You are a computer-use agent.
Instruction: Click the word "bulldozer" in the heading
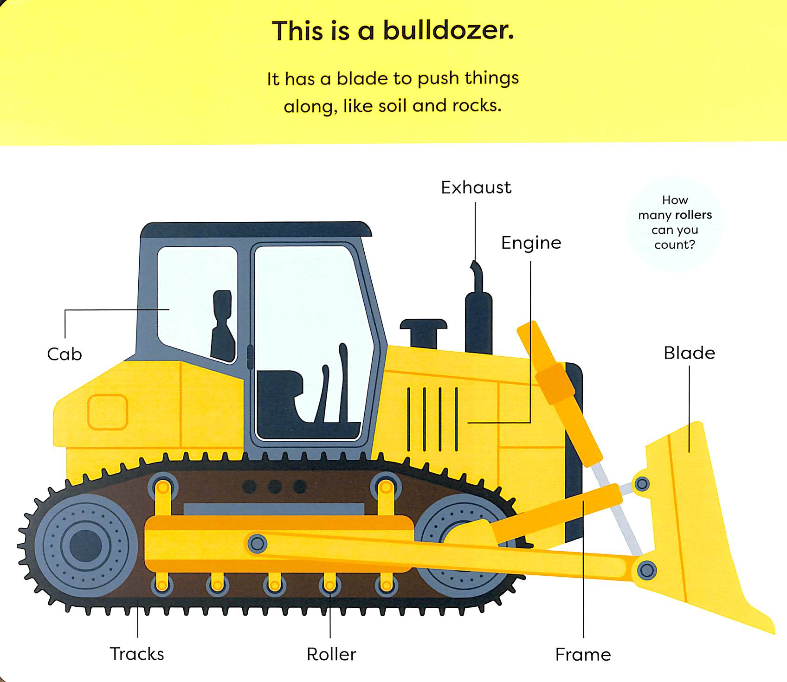pos(448,31)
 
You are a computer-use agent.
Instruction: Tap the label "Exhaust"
pos(476,187)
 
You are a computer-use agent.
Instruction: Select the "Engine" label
pos(531,243)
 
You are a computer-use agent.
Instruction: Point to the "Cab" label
pos(65,354)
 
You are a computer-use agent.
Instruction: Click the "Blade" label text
pos(690,353)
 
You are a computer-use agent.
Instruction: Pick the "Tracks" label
pos(137,654)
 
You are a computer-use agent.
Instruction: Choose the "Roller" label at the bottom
pos(331,654)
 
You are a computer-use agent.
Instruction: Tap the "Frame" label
pos(583,655)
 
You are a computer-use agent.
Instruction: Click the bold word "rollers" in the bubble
pos(694,215)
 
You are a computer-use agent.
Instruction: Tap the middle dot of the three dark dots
pos(275,486)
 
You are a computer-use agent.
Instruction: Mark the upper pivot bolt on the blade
pos(642,484)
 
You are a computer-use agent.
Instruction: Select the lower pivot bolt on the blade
pos(646,570)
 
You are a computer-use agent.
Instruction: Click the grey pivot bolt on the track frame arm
pos(257,543)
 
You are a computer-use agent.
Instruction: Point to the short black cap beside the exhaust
pos(424,333)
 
